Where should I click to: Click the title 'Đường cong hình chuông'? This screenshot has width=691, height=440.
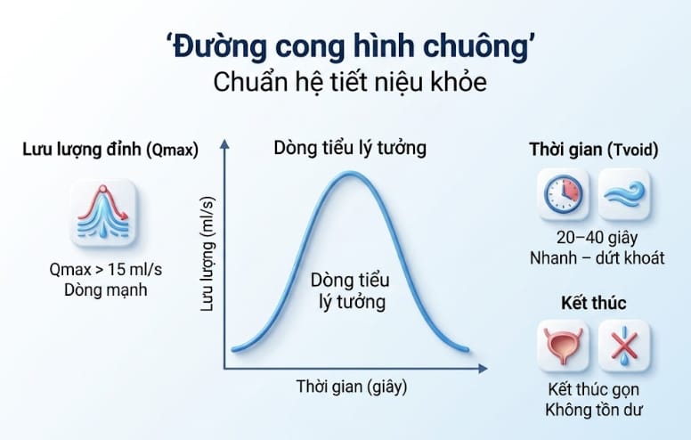345,45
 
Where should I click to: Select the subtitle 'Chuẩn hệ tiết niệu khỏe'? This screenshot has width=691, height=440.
345,82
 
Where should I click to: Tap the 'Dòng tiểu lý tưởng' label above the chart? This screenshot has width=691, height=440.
350,148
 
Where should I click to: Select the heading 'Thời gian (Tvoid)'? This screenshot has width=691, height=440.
595,150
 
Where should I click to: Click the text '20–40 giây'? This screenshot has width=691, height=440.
594,239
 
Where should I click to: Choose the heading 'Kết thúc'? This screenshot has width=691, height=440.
594,303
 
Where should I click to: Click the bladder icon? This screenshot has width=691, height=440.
565,346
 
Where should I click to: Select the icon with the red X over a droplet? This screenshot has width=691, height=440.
623,346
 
